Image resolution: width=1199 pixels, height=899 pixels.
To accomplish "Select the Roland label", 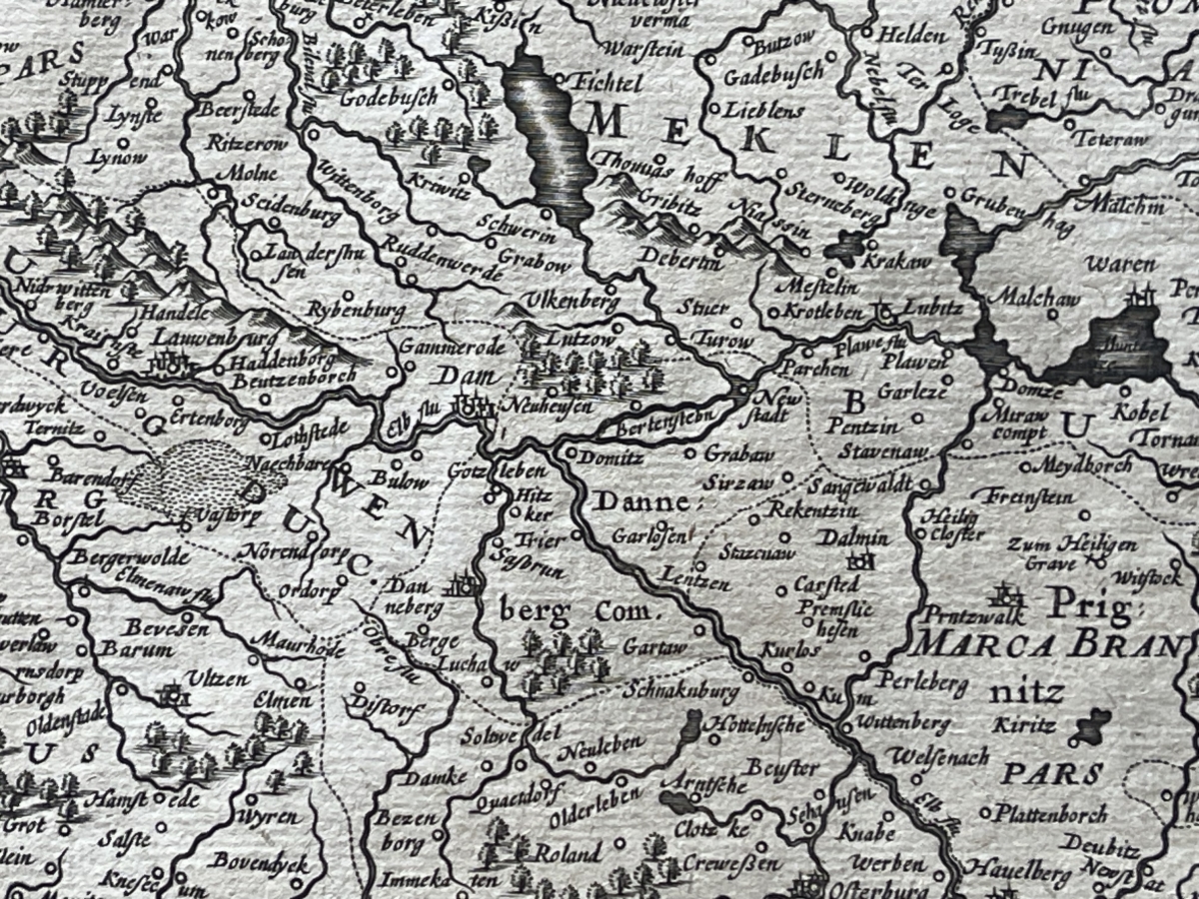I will pyautogui.click(x=567, y=854).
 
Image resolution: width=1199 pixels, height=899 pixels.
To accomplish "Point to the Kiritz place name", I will pyautogui.click(x=1023, y=725).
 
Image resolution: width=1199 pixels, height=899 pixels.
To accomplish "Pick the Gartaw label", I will pyautogui.click(x=654, y=647).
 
